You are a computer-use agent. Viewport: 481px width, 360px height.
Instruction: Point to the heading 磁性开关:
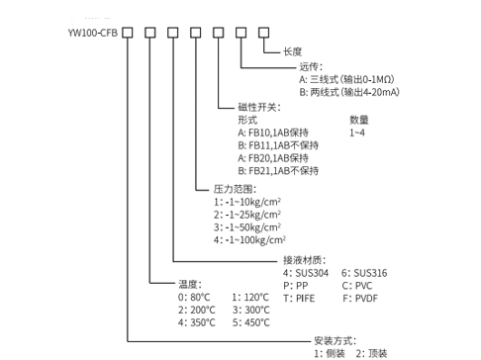259,106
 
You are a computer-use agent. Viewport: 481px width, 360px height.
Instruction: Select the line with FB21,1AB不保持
278,170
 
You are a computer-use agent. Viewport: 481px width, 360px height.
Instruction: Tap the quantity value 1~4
358,132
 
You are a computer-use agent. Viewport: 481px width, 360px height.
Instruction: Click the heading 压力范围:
235,187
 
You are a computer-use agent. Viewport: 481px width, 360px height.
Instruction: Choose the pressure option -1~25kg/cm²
247,213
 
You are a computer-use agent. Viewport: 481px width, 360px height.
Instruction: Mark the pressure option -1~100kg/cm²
249,238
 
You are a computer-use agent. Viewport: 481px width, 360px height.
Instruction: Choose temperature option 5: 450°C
253,321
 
